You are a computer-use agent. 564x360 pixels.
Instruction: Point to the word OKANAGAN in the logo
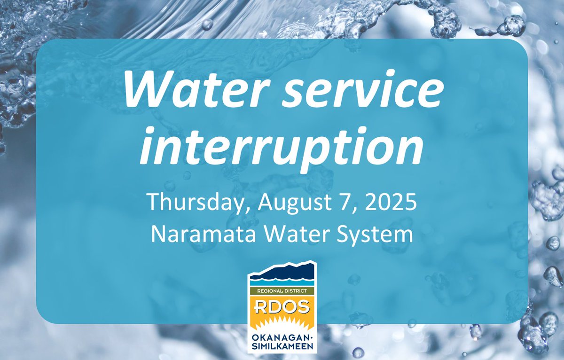click(280, 337)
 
